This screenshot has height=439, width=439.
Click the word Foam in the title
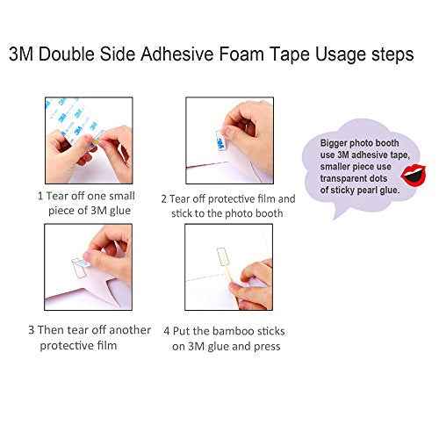pyautogui.click(x=241, y=54)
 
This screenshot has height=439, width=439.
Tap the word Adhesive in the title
pyautogui.click(x=177, y=54)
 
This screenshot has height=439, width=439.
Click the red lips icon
pyautogui.click(x=413, y=175)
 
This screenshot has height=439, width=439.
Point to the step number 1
pyautogui.click(x=40, y=196)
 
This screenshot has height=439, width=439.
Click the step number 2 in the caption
pyautogui.click(x=164, y=199)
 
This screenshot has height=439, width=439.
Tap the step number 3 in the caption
pyautogui.click(x=32, y=330)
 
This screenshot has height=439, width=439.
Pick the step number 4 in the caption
pyautogui.click(x=167, y=331)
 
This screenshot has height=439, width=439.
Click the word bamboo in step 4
pyautogui.click(x=229, y=331)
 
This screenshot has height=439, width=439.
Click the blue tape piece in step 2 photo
pyautogui.click(x=219, y=142)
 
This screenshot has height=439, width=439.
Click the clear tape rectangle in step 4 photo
pyautogui.click(x=224, y=256)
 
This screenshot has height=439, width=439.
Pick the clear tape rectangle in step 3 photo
pyautogui.click(x=79, y=267)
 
